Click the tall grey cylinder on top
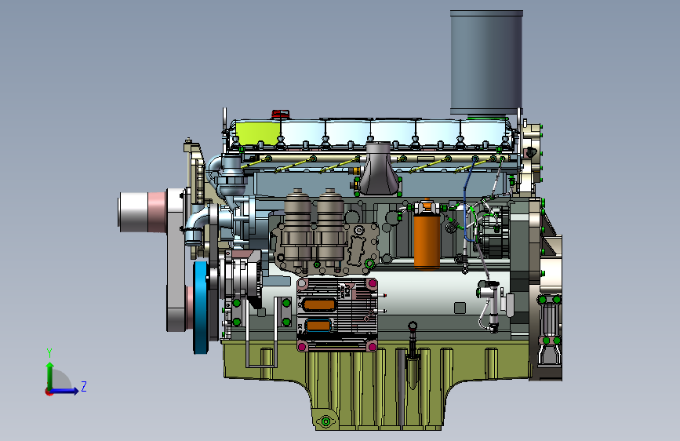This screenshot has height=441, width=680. pyautogui.click(x=486, y=62)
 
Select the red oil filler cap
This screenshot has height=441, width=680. pyautogui.click(x=280, y=114)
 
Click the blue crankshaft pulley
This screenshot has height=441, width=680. pyautogui.click(x=201, y=307)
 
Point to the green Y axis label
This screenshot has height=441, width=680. pyautogui.click(x=49, y=352)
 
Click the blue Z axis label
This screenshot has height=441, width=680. pyautogui.click(x=84, y=386)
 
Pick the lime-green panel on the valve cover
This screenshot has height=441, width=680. pyautogui.click(x=256, y=133)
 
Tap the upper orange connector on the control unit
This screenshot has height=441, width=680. pyautogui.click(x=319, y=304)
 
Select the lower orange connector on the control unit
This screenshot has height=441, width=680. pyautogui.click(x=319, y=326)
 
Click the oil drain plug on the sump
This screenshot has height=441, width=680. pyautogui.click(x=325, y=421)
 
